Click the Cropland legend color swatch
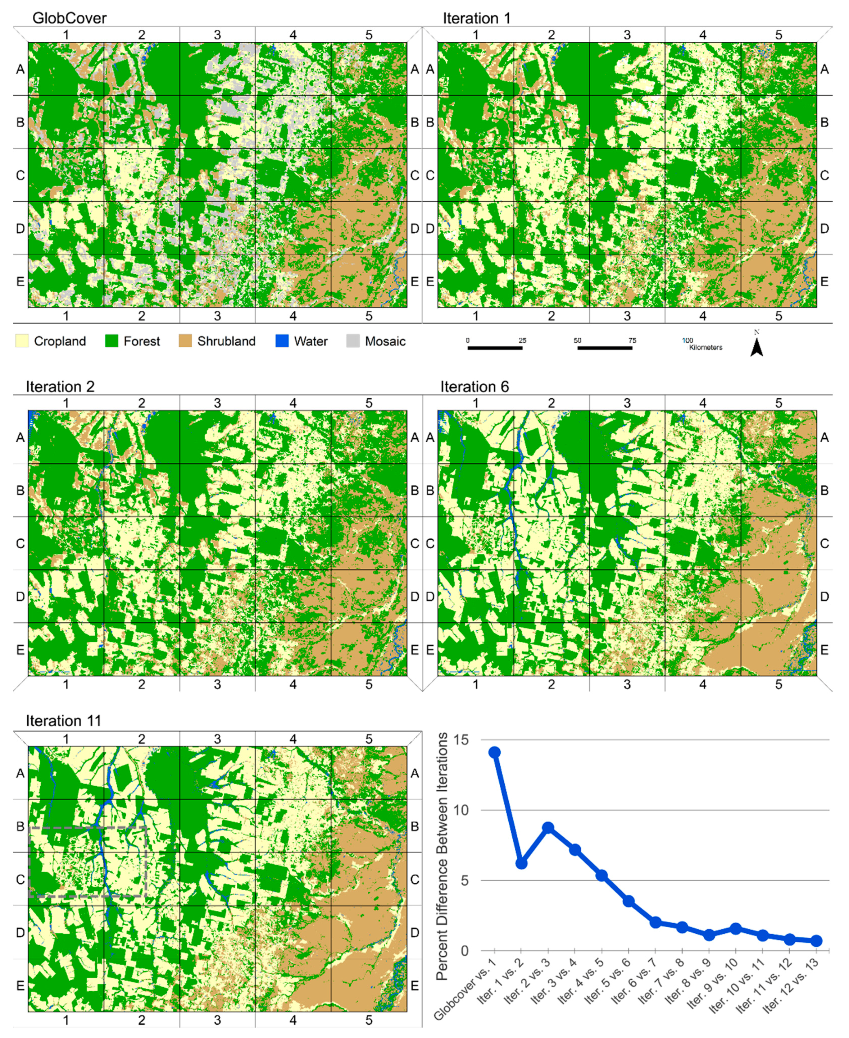(22, 341)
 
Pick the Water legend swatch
(282, 341)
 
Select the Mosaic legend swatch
(353, 341)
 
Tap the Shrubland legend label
(226, 341)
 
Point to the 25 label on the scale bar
(522, 340)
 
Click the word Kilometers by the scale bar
(706, 347)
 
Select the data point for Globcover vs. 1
(494, 752)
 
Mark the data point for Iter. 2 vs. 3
(548, 827)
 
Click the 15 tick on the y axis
(461, 740)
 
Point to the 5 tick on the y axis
(464, 880)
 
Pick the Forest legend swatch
(112, 341)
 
